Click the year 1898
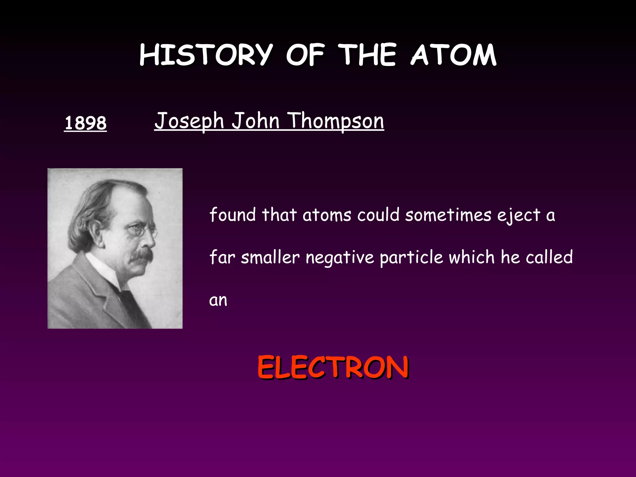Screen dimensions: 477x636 tap(85, 123)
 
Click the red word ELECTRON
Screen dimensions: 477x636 tap(333, 368)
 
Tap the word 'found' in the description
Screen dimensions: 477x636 tap(233, 215)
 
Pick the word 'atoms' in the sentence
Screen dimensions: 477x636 tap(327, 215)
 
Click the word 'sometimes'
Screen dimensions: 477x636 tap(448, 215)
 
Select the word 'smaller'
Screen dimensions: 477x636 tap(270, 257)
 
